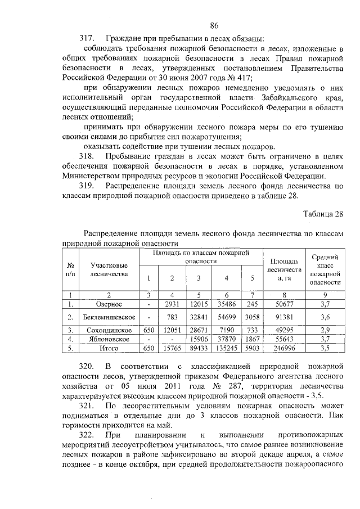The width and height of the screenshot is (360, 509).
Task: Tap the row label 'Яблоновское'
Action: coord(109,339)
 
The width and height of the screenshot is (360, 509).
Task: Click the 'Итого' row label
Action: coord(109,348)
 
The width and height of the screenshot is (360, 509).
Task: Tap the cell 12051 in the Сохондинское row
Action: coord(172,330)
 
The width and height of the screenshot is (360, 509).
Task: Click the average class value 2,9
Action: coord(325,330)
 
